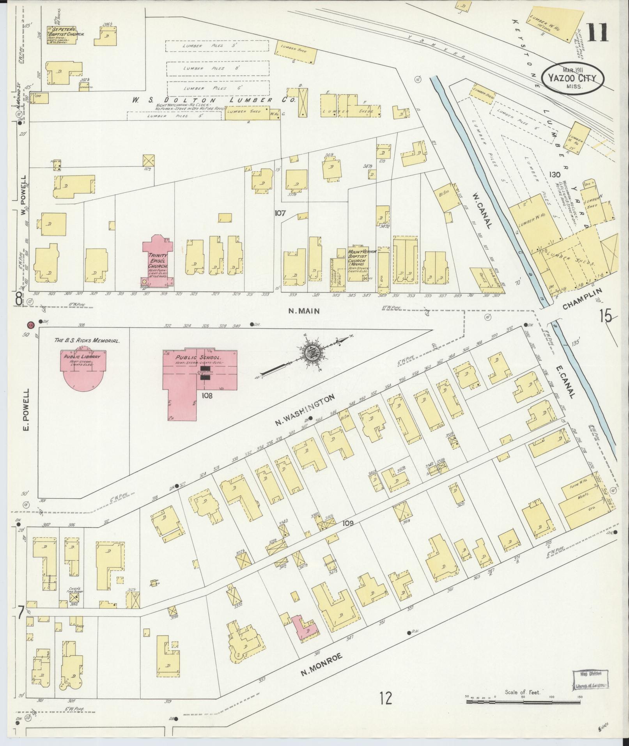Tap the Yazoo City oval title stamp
click(x=572, y=78)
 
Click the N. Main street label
click(x=304, y=311)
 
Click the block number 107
click(x=280, y=213)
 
